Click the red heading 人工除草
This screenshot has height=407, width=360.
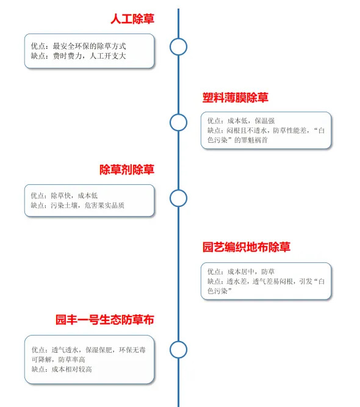132,19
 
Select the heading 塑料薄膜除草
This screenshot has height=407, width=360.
235,98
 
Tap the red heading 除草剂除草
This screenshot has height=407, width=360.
127,170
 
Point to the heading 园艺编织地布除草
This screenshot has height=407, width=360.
247,247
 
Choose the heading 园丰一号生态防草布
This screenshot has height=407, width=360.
105,320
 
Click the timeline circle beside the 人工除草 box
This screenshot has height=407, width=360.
178,38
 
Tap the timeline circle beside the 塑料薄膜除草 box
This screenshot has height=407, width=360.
178,114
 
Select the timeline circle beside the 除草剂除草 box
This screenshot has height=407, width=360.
178,190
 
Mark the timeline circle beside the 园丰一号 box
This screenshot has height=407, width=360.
178,342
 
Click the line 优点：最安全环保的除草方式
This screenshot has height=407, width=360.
78,46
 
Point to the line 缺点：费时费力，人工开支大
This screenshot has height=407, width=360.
78,56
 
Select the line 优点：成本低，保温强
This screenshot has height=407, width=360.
241,121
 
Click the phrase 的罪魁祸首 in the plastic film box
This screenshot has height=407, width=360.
251,140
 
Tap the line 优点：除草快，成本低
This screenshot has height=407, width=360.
64,195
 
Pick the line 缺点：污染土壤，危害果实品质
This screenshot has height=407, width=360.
77,205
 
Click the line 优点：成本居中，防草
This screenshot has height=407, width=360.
241,272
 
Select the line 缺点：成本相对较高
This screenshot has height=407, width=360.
62,369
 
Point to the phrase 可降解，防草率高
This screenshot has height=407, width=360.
59,359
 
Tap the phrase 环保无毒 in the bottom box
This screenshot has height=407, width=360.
132,350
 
